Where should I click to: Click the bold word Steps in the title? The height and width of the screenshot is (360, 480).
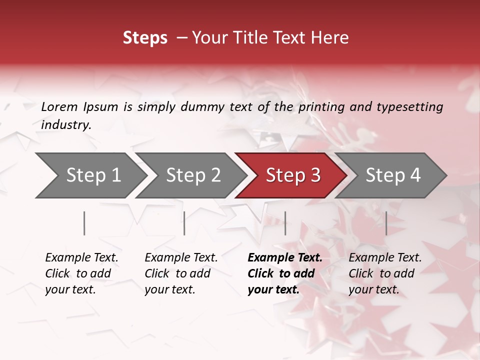tap(145, 38)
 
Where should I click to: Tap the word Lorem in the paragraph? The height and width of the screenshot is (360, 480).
tap(59, 106)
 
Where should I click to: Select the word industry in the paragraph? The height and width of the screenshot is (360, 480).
tap(65, 125)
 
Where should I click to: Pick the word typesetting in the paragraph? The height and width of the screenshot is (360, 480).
tap(409, 106)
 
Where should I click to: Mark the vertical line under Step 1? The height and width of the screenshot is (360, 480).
tap(84, 223)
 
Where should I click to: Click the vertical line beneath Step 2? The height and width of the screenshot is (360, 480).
tap(184, 223)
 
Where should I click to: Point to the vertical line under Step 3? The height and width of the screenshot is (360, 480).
tap(285, 223)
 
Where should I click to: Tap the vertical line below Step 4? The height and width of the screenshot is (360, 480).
tap(386, 223)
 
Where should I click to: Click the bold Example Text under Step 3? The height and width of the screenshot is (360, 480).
tap(285, 258)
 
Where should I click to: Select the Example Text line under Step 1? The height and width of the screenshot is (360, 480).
tap(81, 258)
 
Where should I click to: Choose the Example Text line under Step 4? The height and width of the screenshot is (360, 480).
tap(385, 258)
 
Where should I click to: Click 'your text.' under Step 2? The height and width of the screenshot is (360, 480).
tap(169, 289)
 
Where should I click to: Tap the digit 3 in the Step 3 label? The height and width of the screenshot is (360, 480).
tap(314, 175)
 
